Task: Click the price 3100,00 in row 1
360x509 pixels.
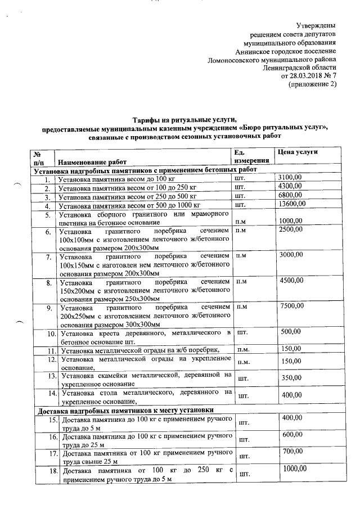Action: tap(291, 178)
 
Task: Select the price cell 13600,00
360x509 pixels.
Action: tap(292, 204)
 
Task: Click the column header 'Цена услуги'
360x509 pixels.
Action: tap(296, 152)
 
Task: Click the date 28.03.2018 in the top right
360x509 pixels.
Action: tap(305, 76)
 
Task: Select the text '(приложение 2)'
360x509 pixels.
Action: tap(312, 84)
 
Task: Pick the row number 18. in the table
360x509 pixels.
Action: tap(51, 470)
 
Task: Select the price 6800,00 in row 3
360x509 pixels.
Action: tap(291, 196)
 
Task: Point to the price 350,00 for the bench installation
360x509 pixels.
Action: tap(291, 379)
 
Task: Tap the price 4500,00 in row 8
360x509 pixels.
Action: tap(292, 281)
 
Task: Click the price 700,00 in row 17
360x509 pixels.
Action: tap(291, 452)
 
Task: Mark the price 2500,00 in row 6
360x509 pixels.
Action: tap(292, 230)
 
